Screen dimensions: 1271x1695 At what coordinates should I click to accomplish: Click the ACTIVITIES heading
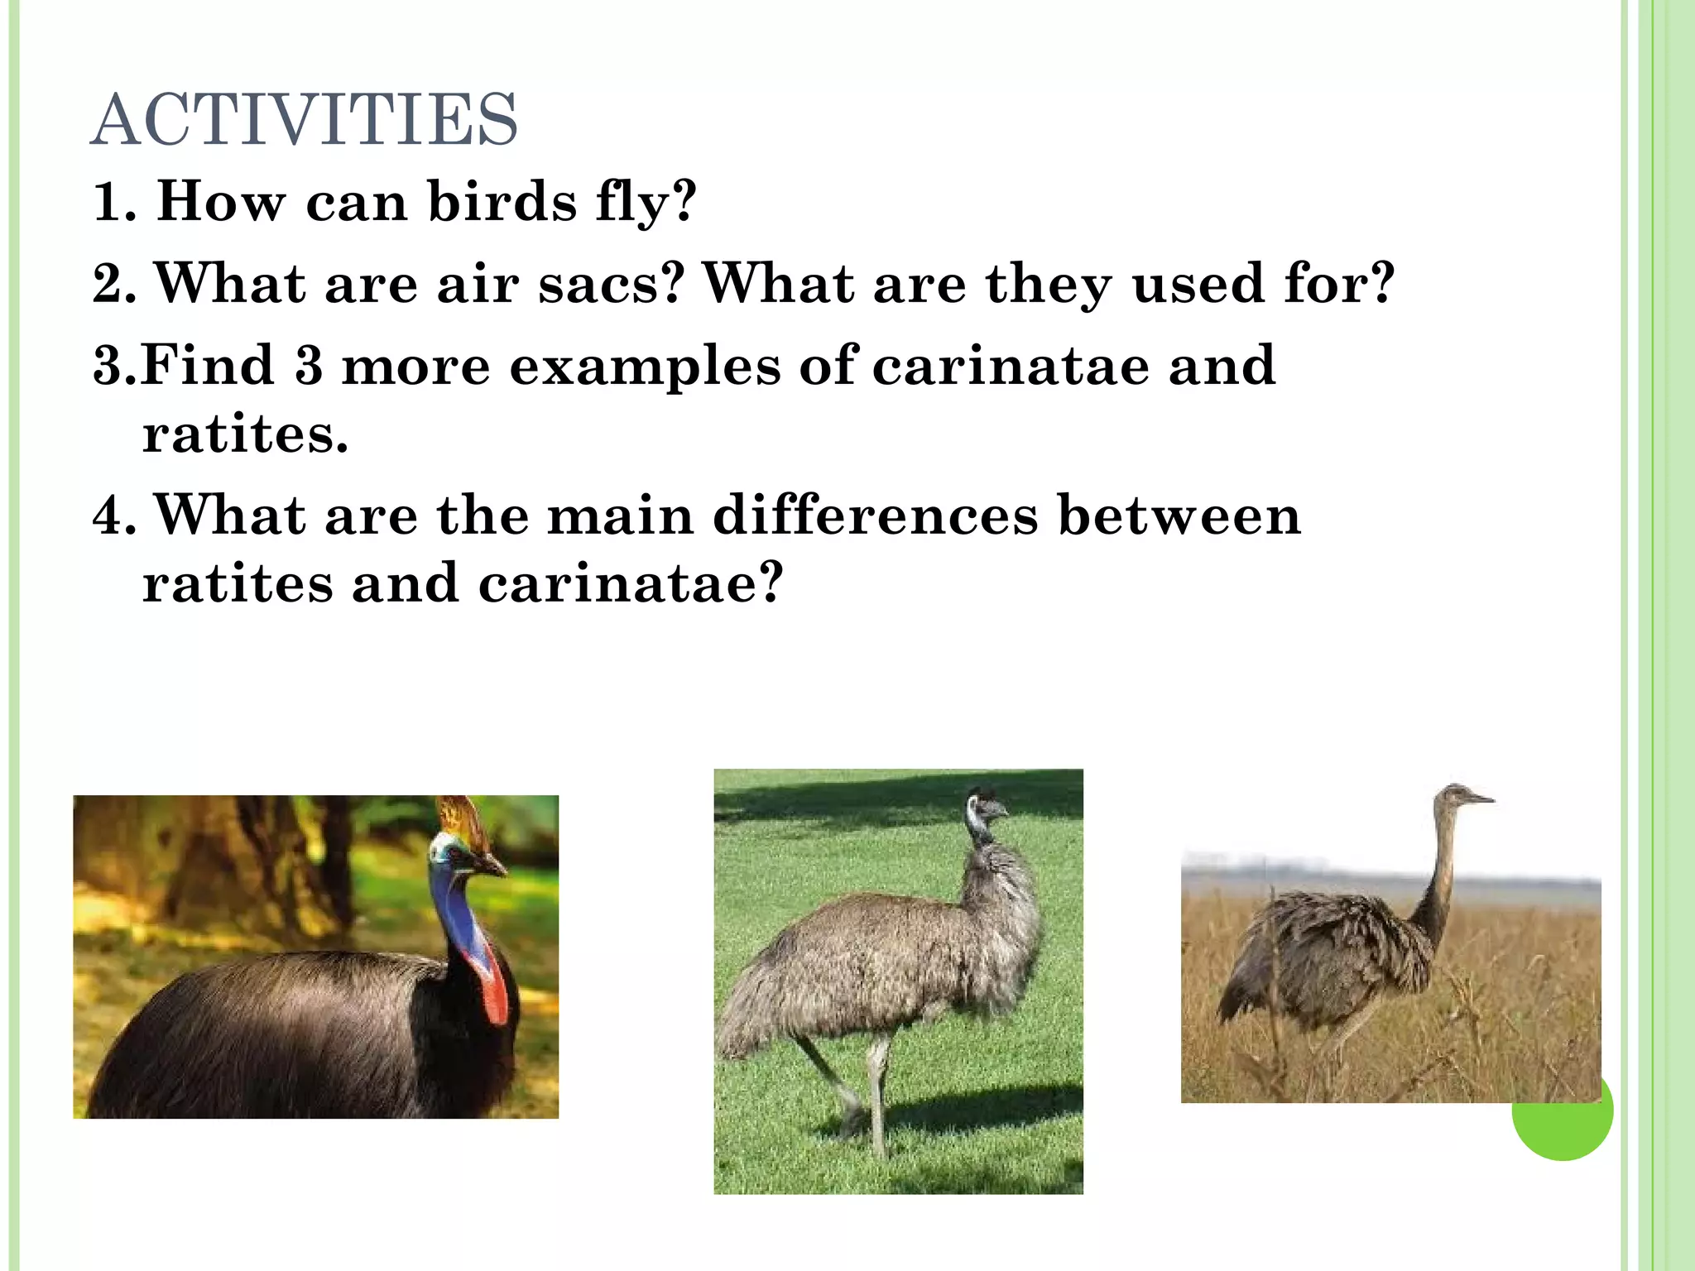click(304, 121)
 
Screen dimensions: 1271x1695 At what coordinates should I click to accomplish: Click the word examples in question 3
click(645, 367)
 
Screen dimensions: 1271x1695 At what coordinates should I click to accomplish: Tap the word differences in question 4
click(875, 516)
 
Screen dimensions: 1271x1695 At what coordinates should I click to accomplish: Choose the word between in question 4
click(1179, 516)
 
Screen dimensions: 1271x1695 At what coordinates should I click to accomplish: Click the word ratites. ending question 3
click(245, 434)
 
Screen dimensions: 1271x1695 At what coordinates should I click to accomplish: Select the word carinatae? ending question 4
click(631, 583)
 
